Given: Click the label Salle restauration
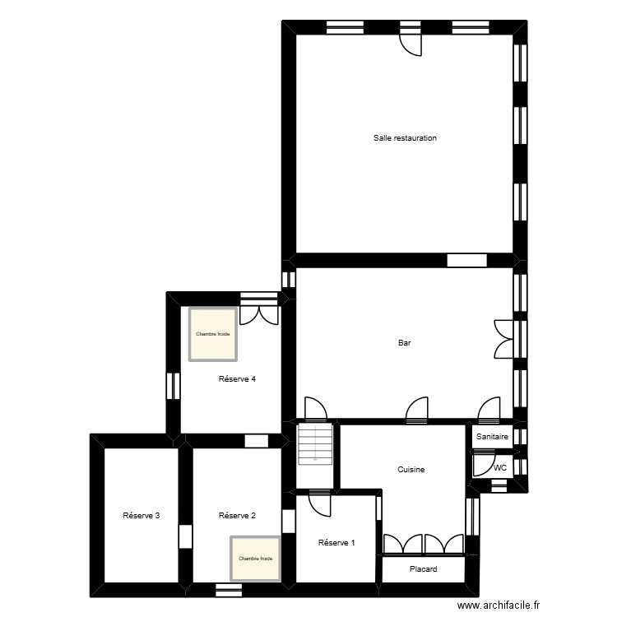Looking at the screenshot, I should pos(405,138).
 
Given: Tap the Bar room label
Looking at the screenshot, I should pos(405,344).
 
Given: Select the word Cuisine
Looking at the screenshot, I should pos(411,470).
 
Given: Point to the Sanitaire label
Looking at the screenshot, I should pos(492,438).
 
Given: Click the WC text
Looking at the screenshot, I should pos(499,468).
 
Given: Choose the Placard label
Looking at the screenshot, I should pos(423,569).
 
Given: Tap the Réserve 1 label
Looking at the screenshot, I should pos(336,542).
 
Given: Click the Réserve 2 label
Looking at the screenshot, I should pos(237,516).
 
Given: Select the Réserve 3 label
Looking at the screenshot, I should pos(141,516).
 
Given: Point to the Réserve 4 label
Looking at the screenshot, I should pos(237,379).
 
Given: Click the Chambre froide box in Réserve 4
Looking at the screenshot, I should pos(213,334).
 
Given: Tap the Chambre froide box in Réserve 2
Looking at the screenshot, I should pos(255,559).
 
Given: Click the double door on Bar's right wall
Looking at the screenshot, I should pos(503,338).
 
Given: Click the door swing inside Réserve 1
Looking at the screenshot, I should pos(319,503).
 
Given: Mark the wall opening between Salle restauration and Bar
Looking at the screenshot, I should pos(467,260).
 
